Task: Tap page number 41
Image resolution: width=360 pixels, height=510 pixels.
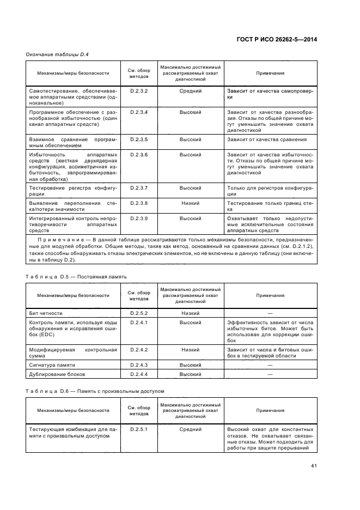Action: (x=314, y=466)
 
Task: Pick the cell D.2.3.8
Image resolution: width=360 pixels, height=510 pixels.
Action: (x=139, y=203)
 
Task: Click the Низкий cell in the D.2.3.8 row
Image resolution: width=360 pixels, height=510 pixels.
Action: (x=191, y=203)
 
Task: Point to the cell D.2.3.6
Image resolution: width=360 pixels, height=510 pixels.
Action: (x=139, y=155)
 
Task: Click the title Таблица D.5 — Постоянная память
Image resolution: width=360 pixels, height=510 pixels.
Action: (x=76, y=276)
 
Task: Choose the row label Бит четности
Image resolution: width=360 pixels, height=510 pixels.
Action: (x=46, y=313)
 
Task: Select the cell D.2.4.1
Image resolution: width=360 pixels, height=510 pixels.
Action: (x=139, y=323)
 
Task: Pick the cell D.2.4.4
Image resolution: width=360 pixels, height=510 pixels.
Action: (x=139, y=374)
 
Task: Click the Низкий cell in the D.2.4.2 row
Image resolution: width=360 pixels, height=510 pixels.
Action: (x=191, y=349)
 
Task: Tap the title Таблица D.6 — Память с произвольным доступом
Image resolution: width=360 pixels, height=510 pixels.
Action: (x=95, y=391)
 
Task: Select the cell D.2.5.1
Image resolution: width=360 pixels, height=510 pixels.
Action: (x=139, y=429)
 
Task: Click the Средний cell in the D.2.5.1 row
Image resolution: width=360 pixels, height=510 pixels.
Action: (x=191, y=429)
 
